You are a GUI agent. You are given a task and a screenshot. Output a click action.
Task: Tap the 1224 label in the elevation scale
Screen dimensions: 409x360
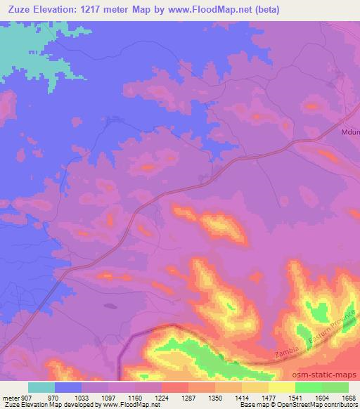160,397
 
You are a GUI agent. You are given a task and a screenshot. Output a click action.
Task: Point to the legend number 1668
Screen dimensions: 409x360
348,397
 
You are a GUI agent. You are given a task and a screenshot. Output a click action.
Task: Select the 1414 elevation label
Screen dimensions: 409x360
241,397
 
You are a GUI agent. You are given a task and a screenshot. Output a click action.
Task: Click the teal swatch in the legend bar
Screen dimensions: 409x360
41,387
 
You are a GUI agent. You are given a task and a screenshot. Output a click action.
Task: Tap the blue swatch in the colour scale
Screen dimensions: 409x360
68,387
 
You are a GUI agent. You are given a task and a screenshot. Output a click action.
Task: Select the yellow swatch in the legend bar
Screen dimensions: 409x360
281,387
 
